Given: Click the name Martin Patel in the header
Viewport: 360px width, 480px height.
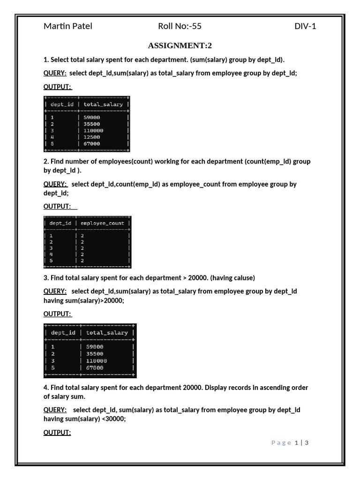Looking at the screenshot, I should pyautogui.click(x=68, y=26).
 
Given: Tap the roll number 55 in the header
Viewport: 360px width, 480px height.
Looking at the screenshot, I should pyautogui.click(x=196, y=26).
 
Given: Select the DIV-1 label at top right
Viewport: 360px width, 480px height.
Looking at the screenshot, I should pyautogui.click(x=305, y=26).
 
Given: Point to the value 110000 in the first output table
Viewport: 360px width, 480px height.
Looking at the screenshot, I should pyautogui.click(x=94, y=130).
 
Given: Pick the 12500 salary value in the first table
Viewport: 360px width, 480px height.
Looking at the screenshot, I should pyautogui.click(x=92, y=137).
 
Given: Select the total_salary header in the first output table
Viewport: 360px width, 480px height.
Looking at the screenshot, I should pyautogui.click(x=103, y=105).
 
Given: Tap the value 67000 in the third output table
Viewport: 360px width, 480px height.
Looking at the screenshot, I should pyautogui.click(x=96, y=368).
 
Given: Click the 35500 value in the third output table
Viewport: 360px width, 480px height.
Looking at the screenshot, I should pyautogui.click(x=96, y=354).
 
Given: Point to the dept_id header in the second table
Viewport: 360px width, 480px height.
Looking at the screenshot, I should pyautogui.click(x=60, y=223).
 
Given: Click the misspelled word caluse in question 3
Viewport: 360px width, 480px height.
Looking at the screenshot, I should pyautogui.click(x=242, y=278).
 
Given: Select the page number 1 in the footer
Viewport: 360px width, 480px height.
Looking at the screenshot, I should pyautogui.click(x=296, y=442).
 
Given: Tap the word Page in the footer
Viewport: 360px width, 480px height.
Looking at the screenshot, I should pyautogui.click(x=281, y=442).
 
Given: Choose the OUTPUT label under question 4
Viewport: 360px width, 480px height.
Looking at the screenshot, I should pyautogui.click(x=57, y=433).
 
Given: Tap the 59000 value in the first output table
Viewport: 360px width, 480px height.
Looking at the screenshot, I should pyautogui.click(x=92, y=117).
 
